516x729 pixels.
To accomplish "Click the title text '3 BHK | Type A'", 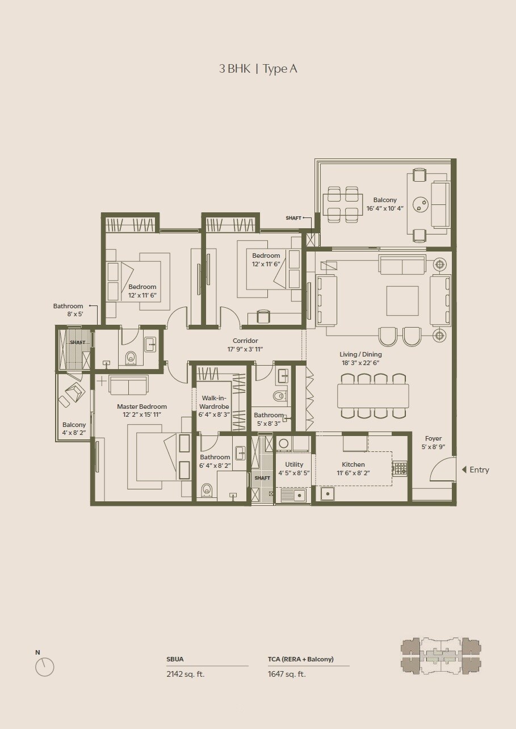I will pyautogui.click(x=258, y=69).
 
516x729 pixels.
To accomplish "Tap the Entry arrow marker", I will pyautogui.click(x=464, y=470).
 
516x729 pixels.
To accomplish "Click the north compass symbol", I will pyautogui.click(x=44, y=667).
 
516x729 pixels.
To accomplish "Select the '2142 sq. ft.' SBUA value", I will pyautogui.click(x=186, y=674).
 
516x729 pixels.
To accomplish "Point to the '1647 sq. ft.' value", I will pyautogui.click(x=287, y=674).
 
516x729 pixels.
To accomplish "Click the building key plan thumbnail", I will pyautogui.click(x=441, y=655).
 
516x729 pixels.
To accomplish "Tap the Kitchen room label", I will pyautogui.click(x=353, y=464).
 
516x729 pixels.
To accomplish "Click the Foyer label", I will pyautogui.click(x=433, y=438).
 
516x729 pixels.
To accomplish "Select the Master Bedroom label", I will pyautogui.click(x=142, y=407).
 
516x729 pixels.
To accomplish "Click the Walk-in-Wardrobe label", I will pyautogui.click(x=214, y=402).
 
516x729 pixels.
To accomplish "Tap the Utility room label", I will pyautogui.click(x=294, y=464).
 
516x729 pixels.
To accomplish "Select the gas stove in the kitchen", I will pyautogui.click(x=400, y=468).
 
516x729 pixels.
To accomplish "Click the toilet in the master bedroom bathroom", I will pyautogui.click(x=207, y=489).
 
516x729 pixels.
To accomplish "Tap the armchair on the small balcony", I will pyautogui.click(x=74, y=393).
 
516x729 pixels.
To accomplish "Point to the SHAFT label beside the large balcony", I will pyautogui.click(x=293, y=218).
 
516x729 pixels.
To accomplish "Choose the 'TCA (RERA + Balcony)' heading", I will pyautogui.click(x=301, y=659).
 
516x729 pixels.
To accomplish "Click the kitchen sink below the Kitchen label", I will pyautogui.click(x=328, y=493).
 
